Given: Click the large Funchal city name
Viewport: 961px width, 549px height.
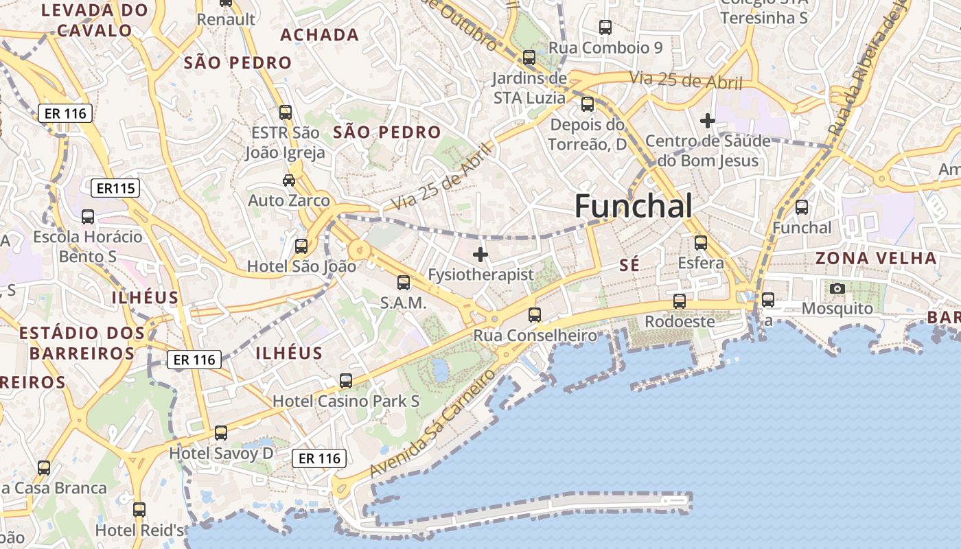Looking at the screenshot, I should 633,206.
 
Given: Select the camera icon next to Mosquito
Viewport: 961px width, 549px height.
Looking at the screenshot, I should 837,289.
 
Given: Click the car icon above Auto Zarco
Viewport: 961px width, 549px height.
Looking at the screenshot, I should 289,180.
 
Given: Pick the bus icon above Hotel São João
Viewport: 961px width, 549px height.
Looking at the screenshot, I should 301,246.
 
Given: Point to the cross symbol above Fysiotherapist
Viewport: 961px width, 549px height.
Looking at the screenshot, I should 480,255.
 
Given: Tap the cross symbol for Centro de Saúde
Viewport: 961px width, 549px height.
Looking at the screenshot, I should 707,121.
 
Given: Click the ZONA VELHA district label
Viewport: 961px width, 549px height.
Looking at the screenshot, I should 876,259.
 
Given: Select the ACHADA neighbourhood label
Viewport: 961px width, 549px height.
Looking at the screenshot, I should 319,35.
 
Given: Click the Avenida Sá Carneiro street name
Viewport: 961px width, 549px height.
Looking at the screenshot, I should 433,423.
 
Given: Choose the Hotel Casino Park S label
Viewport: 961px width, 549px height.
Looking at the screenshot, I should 346,401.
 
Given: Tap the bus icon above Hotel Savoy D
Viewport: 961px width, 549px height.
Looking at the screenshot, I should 220,433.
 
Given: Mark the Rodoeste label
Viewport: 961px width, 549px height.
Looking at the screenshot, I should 680,321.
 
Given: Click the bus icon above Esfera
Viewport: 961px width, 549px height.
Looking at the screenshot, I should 700,243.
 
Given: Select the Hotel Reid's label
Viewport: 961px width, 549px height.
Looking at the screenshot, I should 140,530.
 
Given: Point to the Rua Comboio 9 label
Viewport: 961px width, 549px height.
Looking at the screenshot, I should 605,48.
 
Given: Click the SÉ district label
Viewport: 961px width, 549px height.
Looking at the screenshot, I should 629,266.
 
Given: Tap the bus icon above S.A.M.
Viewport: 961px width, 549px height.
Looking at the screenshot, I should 404,282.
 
